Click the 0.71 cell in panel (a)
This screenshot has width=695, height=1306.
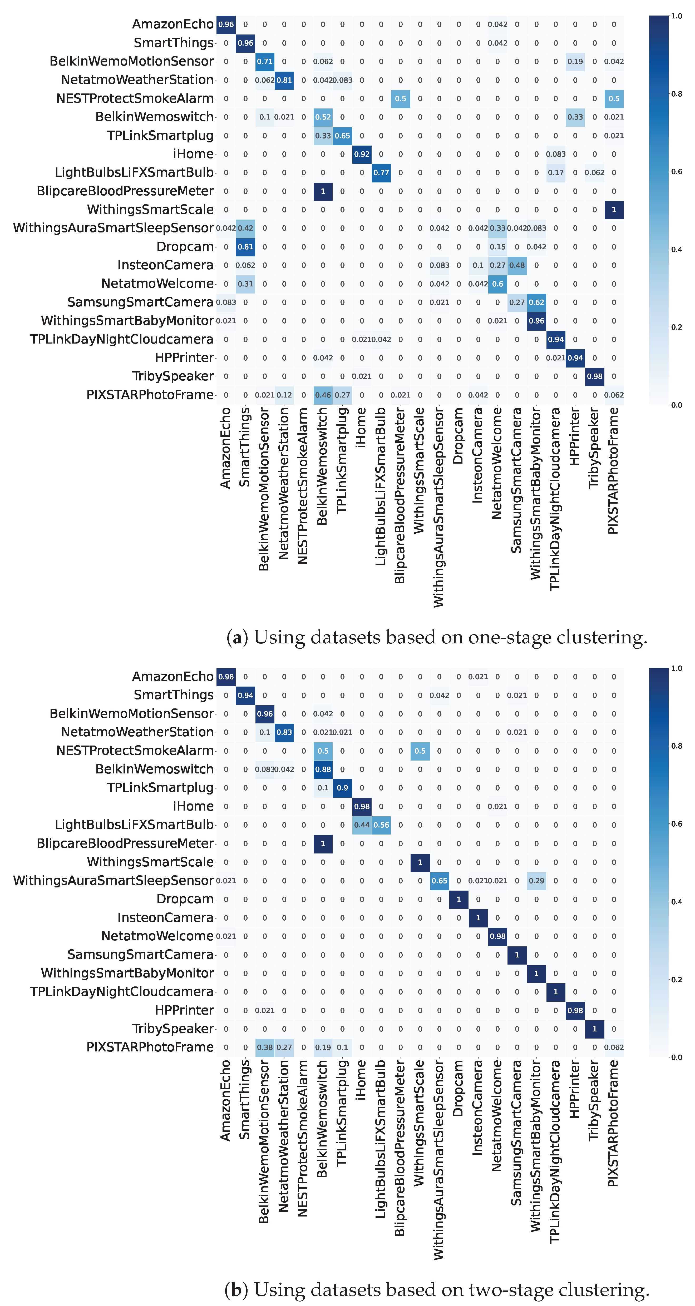(x=264, y=61)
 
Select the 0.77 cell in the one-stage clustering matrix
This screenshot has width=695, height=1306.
(x=381, y=172)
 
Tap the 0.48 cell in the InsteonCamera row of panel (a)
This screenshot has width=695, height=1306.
(x=517, y=265)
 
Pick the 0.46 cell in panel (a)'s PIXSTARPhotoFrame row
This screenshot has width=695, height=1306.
(x=323, y=395)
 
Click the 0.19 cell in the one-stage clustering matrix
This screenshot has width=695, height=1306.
(x=575, y=61)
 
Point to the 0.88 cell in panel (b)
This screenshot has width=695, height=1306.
(x=323, y=769)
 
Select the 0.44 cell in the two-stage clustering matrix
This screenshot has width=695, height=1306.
(x=362, y=825)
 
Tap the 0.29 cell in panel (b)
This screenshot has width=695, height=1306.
(x=536, y=881)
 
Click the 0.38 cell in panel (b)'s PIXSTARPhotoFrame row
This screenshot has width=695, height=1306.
(x=264, y=1047)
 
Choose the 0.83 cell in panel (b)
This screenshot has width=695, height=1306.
(x=284, y=732)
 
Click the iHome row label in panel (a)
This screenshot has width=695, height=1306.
(x=193, y=154)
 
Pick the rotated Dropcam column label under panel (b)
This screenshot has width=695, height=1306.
(x=458, y=1087)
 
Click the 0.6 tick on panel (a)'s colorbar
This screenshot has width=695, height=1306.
(x=677, y=171)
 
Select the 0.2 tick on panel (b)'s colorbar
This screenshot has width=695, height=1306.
(x=677, y=980)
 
